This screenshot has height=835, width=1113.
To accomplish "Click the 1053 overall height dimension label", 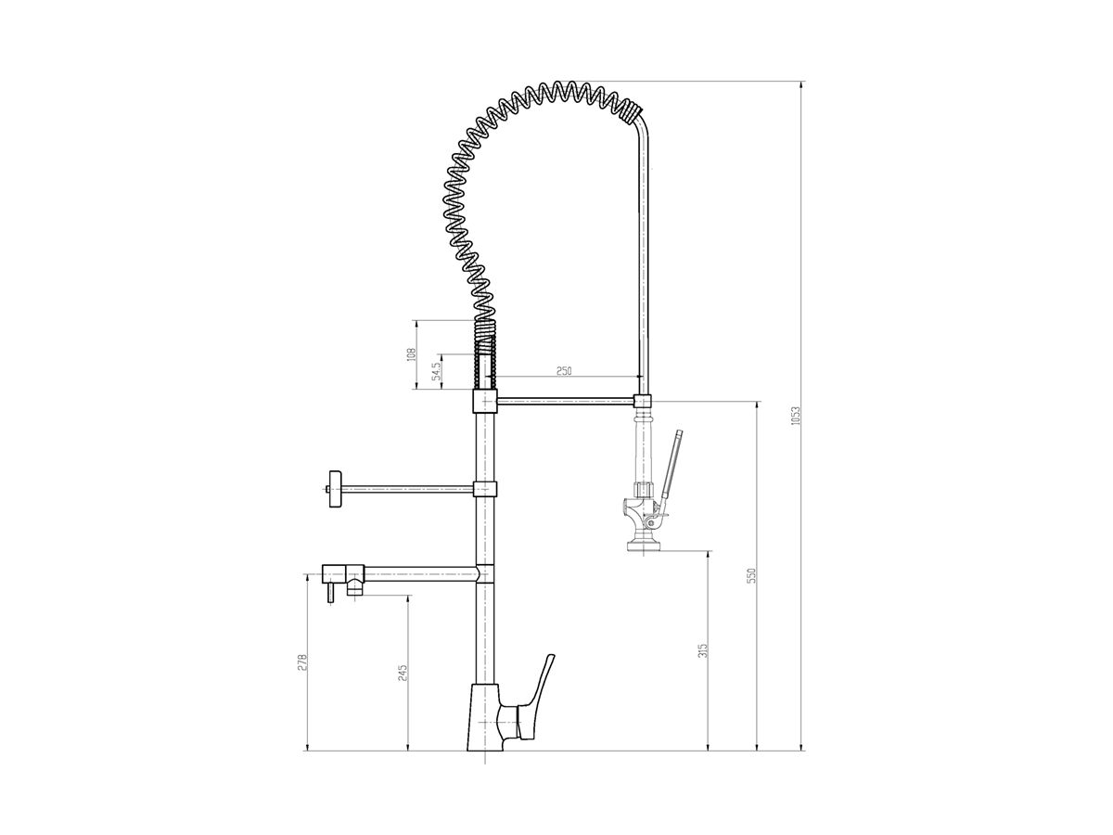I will [794, 417].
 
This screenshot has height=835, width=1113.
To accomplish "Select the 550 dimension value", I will [751, 575].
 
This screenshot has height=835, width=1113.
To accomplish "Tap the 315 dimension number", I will [703, 649].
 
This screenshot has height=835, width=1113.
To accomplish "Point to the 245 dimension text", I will [402, 673].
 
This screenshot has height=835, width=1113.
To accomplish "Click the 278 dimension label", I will [301, 662].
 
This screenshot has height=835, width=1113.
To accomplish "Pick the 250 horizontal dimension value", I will [564, 370].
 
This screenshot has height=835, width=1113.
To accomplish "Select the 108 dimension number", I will [412, 353].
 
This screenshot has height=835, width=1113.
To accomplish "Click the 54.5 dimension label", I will [436, 371].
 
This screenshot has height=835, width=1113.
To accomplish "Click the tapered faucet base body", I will [483, 719].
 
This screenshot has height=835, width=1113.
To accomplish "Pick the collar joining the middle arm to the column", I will [485, 489].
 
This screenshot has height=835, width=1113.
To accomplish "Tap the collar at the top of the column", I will [485, 401].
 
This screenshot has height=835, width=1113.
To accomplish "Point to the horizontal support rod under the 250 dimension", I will [566, 402].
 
